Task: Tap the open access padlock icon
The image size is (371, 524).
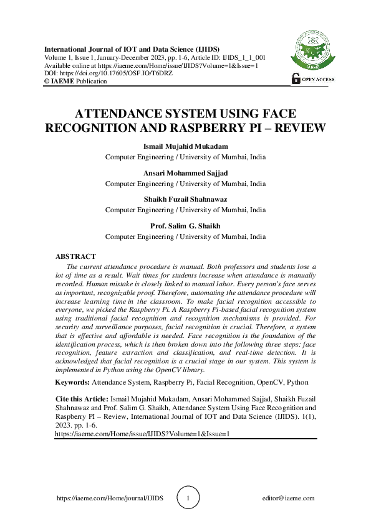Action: click(x=296, y=78)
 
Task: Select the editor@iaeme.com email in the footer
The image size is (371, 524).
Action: click(x=289, y=498)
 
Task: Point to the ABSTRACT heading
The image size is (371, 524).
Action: click(x=75, y=256)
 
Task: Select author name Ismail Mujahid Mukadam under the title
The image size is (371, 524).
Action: click(x=185, y=147)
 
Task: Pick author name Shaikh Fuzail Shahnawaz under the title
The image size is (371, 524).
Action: click(x=185, y=200)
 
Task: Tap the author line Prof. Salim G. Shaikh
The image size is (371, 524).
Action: click(x=185, y=227)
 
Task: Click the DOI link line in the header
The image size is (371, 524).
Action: click(x=108, y=73)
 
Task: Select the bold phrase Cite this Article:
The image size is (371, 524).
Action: click(x=82, y=397)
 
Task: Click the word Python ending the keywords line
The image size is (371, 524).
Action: click(x=296, y=382)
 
